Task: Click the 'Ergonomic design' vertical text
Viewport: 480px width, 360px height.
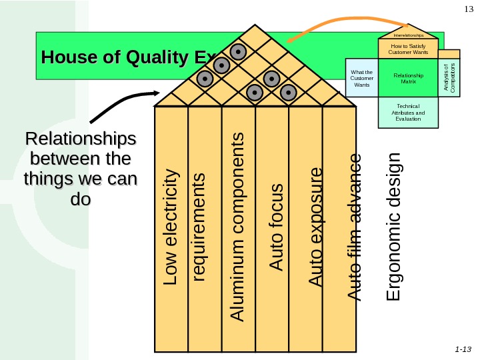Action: (x=395, y=226)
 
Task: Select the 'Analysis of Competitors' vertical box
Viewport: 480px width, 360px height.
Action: (x=450, y=77)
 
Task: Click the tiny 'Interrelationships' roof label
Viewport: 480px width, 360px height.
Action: (x=408, y=35)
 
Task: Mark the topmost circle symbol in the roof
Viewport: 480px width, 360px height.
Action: (x=238, y=51)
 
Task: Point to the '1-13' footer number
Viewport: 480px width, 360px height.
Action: (x=461, y=349)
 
